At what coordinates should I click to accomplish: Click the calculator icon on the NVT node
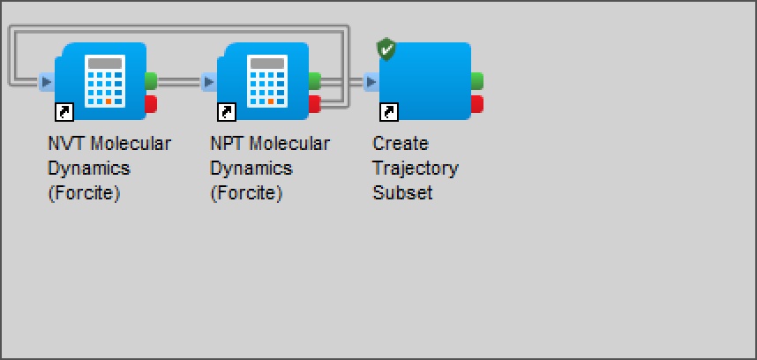[105, 80]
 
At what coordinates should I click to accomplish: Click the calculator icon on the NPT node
[267, 80]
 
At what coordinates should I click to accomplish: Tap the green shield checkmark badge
[386, 49]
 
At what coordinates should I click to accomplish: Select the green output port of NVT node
[151, 80]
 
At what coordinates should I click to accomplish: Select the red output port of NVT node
[151, 104]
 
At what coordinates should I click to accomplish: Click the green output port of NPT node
[314, 80]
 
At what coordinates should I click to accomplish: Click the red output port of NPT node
[314, 104]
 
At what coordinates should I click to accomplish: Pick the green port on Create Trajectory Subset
[477, 80]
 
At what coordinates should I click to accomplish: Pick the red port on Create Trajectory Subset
[477, 104]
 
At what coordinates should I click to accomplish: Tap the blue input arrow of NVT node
[47, 82]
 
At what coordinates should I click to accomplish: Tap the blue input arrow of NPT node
[208, 82]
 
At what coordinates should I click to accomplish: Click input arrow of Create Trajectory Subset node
[371, 82]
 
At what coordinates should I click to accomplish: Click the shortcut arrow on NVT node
[64, 112]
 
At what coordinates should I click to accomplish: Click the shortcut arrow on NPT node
[227, 112]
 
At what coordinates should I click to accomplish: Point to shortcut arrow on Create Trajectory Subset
[389, 112]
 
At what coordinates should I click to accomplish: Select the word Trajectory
[416, 169]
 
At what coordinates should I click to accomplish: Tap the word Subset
[402, 193]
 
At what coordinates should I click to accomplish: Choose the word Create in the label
[401, 143]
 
